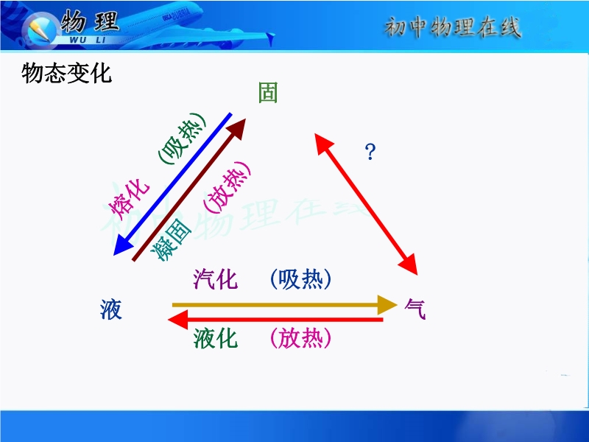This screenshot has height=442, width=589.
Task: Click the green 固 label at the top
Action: (268, 93)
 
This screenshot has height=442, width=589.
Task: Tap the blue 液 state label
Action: (111, 309)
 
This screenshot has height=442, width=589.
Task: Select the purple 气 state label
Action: (415, 309)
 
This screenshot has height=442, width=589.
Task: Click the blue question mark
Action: (370, 152)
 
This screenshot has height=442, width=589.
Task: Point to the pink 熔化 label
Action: (129, 200)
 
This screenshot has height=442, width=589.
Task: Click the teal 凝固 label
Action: (171, 241)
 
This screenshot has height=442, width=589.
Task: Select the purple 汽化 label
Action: (216, 279)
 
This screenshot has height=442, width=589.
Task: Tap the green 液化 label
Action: (216, 338)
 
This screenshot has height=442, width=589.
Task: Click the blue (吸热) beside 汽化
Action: (301, 279)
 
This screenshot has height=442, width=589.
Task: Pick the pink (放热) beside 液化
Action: (301, 338)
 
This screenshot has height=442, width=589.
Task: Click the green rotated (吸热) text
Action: (182, 138)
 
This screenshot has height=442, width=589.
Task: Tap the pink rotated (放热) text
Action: (227, 187)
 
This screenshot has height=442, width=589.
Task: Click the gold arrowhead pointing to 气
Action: (387, 304)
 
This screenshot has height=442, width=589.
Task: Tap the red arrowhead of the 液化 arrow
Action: (177, 320)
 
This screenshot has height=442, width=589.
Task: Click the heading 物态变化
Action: (66, 73)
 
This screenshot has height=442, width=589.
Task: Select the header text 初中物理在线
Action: (453, 27)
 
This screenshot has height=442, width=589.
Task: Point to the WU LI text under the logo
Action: (88, 40)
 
